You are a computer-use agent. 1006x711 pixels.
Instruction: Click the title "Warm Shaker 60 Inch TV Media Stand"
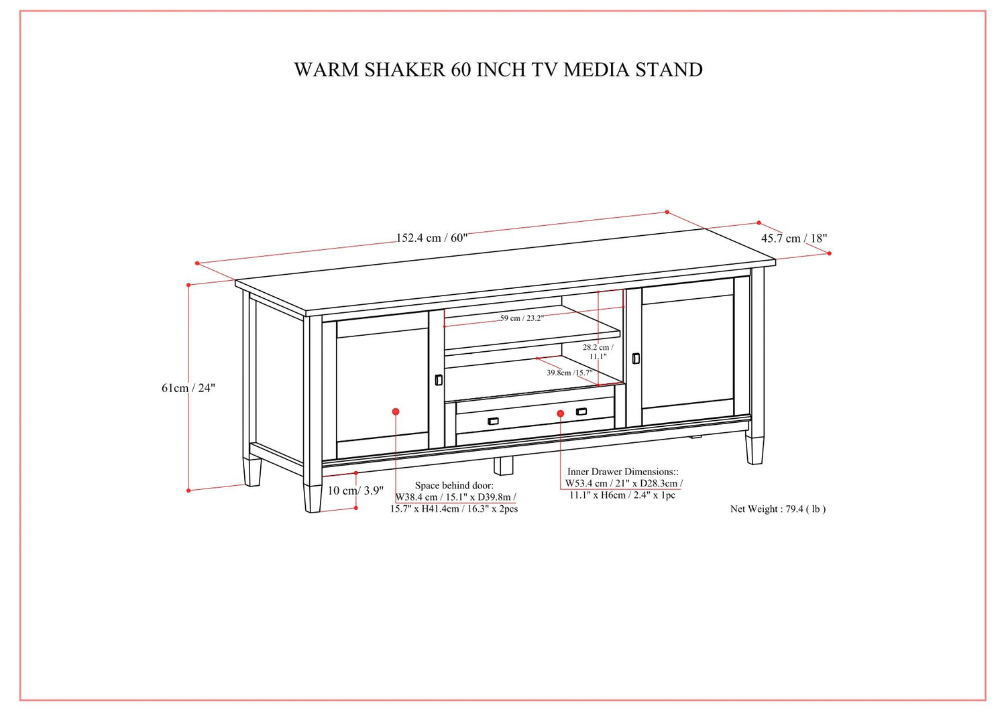[498, 70]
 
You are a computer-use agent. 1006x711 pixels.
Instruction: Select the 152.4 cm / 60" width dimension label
[432, 237]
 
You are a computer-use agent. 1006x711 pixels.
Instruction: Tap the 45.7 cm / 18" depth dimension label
[794, 239]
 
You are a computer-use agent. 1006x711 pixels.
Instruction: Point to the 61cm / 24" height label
[188, 388]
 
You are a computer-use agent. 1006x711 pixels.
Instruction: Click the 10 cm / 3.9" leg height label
[355, 491]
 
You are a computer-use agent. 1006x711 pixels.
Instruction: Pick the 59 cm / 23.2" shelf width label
[522, 318]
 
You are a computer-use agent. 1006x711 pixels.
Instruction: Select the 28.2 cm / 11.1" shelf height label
[598, 352]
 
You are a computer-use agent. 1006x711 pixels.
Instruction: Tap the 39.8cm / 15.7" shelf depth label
[569, 373]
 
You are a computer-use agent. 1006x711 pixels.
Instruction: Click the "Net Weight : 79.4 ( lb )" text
[778, 509]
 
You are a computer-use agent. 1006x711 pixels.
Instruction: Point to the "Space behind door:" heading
[454, 485]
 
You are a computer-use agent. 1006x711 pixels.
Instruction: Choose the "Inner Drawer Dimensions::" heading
[623, 472]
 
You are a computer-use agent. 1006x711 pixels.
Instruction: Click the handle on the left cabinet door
[439, 380]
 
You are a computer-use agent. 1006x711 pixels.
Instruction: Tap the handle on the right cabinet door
[636, 359]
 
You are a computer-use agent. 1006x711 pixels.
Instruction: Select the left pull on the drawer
[493, 421]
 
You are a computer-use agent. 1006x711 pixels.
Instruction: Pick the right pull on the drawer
[581, 411]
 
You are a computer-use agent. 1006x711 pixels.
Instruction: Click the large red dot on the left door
[396, 411]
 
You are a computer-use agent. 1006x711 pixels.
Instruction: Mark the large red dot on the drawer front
[561, 413]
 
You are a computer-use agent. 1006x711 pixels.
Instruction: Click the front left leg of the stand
[313, 498]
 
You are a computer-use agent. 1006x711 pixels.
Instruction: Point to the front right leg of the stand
[754, 448]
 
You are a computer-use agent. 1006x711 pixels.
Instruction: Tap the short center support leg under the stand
[504, 466]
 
